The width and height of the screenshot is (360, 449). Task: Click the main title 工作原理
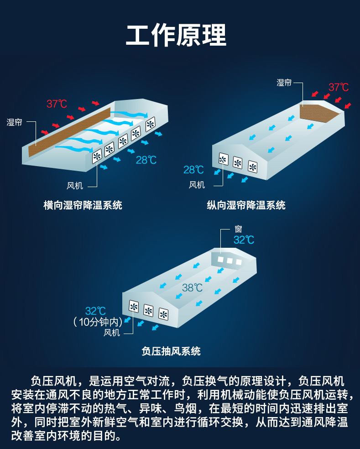pyautogui.click(x=176, y=35)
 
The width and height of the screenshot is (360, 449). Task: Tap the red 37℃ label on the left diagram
pyautogui.click(x=57, y=104)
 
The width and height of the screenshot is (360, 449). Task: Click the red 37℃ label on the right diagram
pyautogui.click(x=339, y=87)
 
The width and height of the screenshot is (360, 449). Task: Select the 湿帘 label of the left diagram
pyautogui.click(x=14, y=122)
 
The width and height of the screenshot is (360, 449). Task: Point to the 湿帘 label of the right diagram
pyautogui.click(x=284, y=83)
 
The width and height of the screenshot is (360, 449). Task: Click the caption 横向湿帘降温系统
pyautogui.click(x=83, y=205)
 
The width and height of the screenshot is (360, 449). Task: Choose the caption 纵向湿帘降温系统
pyautogui.click(x=246, y=205)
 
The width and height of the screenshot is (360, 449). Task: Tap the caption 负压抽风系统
pyautogui.click(x=171, y=351)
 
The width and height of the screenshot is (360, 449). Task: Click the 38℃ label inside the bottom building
pyautogui.click(x=192, y=287)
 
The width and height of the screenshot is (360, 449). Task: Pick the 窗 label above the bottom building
pyautogui.click(x=238, y=229)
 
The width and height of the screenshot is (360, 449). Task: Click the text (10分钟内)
pyautogui.click(x=98, y=322)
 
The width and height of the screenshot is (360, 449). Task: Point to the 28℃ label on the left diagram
pyautogui.click(x=146, y=160)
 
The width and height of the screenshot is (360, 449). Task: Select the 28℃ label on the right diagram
pyautogui.click(x=193, y=170)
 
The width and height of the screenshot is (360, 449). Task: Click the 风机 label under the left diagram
pyautogui.click(x=75, y=186)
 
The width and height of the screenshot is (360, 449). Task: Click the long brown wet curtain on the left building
pyautogui.click(x=69, y=132)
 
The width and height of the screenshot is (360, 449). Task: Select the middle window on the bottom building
pyautogui.click(x=230, y=261)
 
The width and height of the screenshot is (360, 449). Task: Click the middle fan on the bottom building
pyautogui.click(x=148, y=310)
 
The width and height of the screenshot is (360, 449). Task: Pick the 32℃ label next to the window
pyautogui.click(x=244, y=240)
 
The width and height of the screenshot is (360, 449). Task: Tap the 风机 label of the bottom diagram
pyautogui.click(x=112, y=333)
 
